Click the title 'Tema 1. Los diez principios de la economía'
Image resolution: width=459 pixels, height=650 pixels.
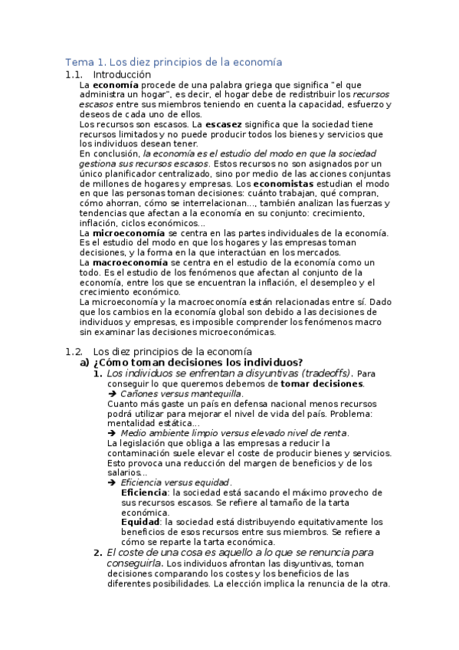[x=174, y=61]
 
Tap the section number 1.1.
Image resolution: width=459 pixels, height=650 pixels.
[x=74, y=74]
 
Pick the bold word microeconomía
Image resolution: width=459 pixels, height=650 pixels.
[x=126, y=233]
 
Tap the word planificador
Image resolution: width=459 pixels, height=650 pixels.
[x=123, y=174]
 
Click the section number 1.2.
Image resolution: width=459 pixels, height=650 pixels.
[x=74, y=351]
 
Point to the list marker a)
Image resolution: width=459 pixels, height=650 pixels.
[x=85, y=363]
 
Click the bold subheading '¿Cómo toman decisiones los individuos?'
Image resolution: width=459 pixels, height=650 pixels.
[x=198, y=363]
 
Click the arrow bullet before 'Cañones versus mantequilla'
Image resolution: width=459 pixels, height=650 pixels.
[x=112, y=393]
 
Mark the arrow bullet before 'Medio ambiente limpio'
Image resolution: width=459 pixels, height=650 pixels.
[x=112, y=432]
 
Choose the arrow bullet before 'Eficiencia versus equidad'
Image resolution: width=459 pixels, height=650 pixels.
[x=112, y=482]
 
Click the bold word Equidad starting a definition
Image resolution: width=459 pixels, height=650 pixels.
[x=140, y=521]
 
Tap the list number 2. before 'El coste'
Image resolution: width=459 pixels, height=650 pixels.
[x=97, y=552]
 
